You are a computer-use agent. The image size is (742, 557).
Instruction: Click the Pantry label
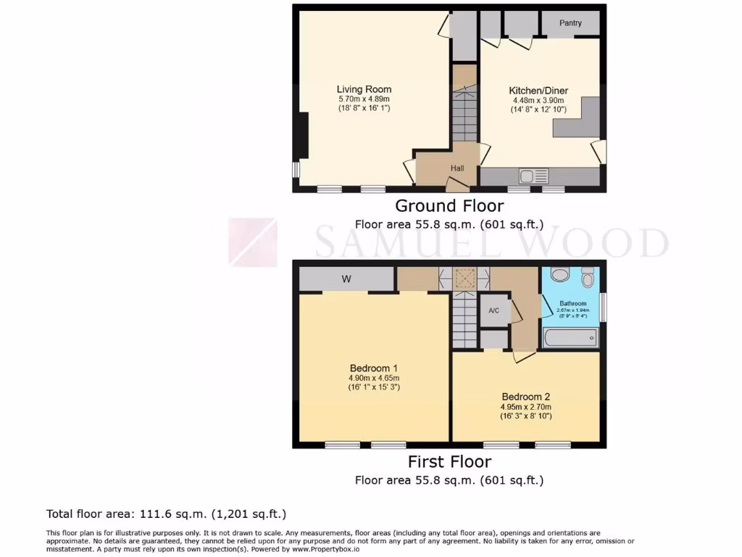(x=570, y=23)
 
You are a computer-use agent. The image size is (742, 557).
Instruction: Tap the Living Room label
(x=364, y=89)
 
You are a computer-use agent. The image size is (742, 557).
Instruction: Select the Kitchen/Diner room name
(x=536, y=91)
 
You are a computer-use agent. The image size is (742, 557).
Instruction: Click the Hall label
(x=457, y=168)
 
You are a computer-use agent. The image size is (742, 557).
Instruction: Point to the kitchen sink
(x=534, y=176)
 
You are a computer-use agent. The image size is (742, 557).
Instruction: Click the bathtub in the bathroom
(x=570, y=337)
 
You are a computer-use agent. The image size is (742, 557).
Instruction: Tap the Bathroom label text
(x=573, y=303)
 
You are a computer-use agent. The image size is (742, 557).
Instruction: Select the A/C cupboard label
(x=494, y=311)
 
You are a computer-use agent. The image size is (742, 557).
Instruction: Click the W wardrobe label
(x=346, y=278)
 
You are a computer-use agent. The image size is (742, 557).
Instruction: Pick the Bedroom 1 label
(x=374, y=368)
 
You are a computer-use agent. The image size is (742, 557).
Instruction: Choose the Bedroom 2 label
(x=526, y=397)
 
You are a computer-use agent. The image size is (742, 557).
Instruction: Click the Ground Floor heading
(x=449, y=206)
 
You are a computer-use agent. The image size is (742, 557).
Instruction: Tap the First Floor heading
(x=449, y=462)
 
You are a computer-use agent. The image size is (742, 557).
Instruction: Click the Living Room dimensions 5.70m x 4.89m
(x=364, y=99)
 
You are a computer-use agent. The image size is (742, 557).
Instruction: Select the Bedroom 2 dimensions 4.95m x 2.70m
(x=526, y=407)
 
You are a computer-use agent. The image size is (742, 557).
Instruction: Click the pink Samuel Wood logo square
(x=253, y=242)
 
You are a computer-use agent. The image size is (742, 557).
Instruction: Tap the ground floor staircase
(x=464, y=112)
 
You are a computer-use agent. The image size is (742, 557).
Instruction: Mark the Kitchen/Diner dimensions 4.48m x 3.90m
(x=536, y=101)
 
